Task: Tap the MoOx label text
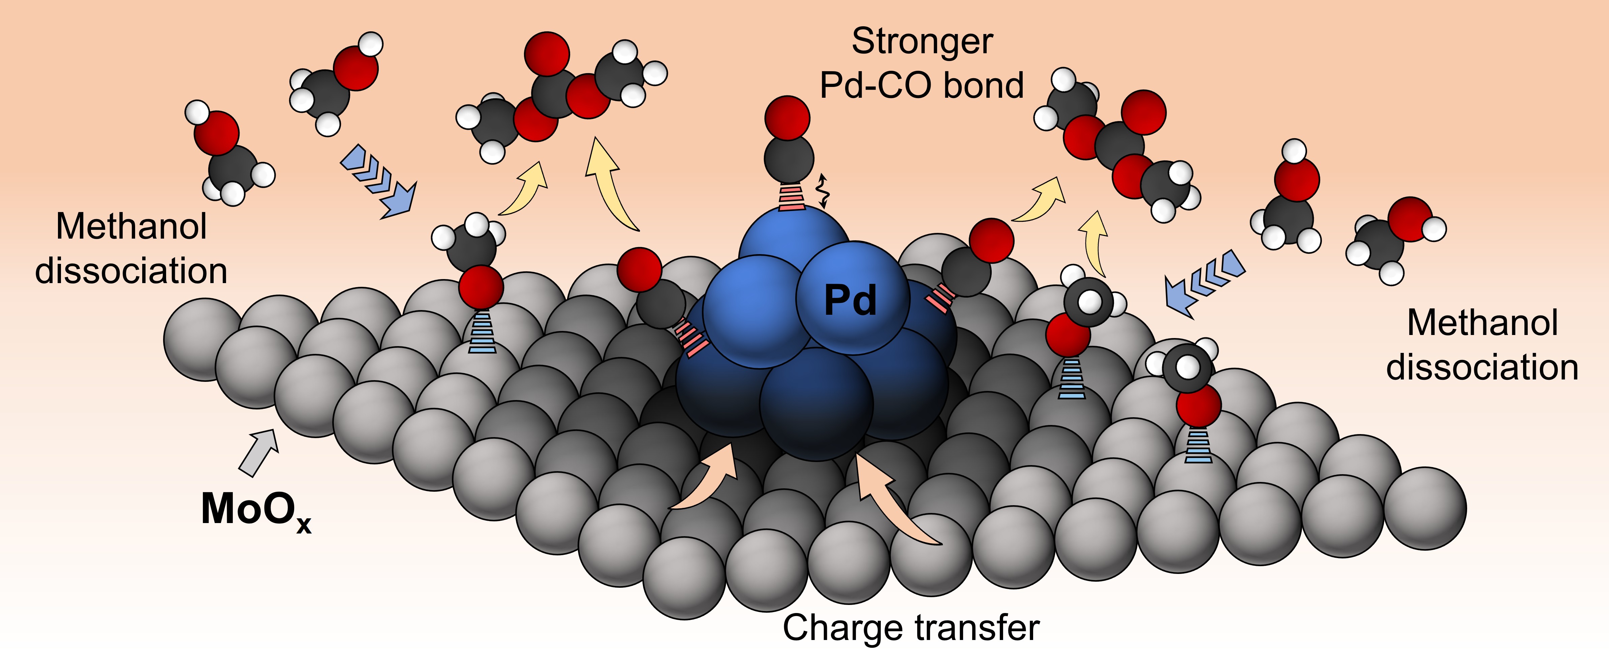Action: pos(256,511)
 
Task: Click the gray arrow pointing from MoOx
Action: pos(258,452)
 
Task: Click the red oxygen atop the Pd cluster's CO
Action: pos(787,118)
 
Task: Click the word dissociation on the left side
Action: pos(131,271)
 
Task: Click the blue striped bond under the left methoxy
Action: pos(482,331)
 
